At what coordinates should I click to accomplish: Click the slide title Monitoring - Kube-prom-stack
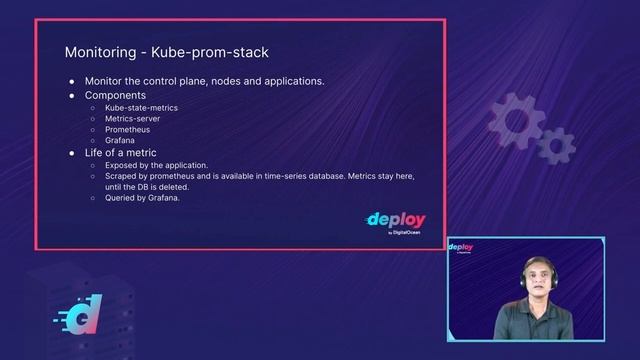coord(166,51)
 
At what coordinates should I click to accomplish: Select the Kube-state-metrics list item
coord(140,106)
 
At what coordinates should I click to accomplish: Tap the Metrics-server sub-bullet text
coord(132,118)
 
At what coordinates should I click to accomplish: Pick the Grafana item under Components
coord(120,141)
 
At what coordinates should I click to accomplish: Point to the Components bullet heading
coord(115,95)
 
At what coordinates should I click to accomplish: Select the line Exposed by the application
coord(156,164)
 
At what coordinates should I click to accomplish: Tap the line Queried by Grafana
coord(142,198)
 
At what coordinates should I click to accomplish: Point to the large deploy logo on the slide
coord(395,220)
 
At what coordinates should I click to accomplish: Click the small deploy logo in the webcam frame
coord(461,247)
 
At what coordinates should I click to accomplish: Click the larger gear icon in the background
coord(517,119)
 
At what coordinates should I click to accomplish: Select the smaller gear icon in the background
coord(556,146)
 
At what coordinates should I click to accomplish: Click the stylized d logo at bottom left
coord(77,318)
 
